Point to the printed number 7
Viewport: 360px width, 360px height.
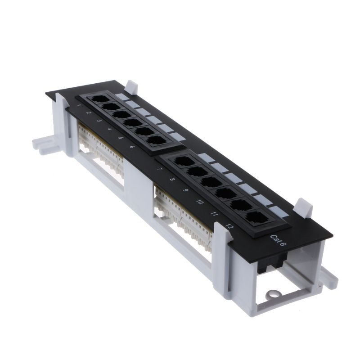click(159, 170)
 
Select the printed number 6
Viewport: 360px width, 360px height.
click(131, 147)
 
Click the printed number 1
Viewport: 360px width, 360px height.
click(79, 106)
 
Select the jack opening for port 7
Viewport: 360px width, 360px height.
click(183, 161)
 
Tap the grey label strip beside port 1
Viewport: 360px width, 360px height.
click(120, 96)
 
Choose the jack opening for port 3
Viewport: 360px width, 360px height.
click(120, 114)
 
